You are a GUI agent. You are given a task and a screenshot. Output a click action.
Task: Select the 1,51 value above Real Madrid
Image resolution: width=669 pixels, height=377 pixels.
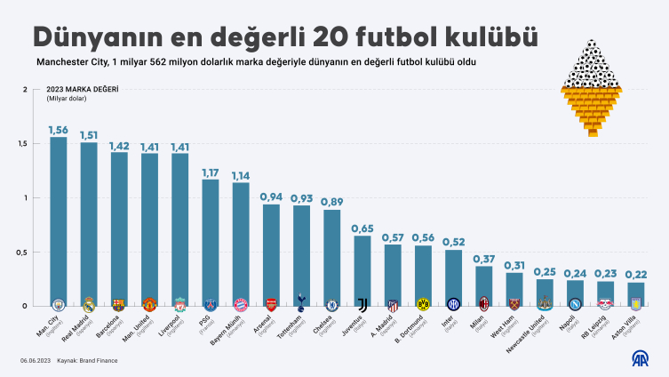point(89,135)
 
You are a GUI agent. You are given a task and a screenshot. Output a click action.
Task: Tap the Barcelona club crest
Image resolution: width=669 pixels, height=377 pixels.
point(119,303)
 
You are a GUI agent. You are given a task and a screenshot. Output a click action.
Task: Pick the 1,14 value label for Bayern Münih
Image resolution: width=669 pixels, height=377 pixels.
point(241,175)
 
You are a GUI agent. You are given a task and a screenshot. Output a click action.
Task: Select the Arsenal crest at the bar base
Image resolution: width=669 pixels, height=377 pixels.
point(271,303)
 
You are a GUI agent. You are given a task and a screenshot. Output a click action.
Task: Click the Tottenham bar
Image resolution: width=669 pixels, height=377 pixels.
point(301,253)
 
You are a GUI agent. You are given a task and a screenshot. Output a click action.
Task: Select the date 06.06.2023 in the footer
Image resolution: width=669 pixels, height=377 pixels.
point(34,360)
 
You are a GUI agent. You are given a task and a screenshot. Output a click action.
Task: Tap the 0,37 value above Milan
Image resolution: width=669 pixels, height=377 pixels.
point(483,259)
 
